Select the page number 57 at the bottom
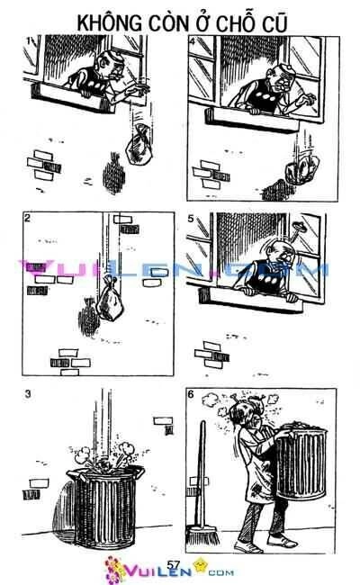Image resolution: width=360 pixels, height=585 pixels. click(175, 563)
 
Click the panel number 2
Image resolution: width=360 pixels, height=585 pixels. click(28, 219)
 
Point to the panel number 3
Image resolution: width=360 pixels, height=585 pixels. click(28, 392)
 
